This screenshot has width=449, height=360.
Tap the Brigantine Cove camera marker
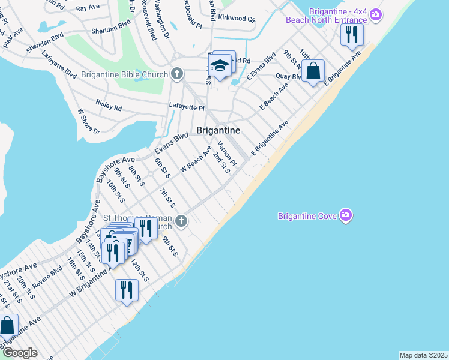345,215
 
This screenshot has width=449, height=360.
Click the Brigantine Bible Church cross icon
176,74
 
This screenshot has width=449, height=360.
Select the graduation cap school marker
220,66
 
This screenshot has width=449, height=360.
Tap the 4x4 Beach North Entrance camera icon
376,14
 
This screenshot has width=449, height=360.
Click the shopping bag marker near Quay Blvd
313,71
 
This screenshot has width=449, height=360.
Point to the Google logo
19,352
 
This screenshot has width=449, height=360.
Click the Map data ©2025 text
423,355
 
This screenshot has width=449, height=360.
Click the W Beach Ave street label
196,160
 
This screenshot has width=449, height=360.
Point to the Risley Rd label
109,106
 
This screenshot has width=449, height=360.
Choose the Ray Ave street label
88,8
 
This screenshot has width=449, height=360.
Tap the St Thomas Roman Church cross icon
181,222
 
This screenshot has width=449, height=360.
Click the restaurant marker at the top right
352,34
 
